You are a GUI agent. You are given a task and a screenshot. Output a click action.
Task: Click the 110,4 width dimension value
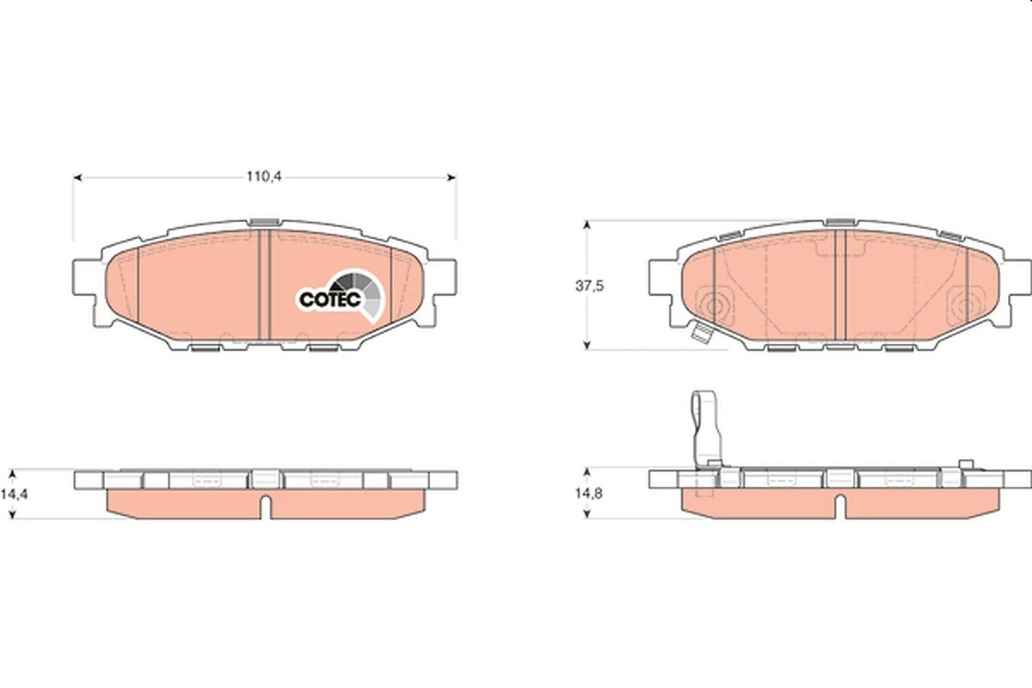(263, 176)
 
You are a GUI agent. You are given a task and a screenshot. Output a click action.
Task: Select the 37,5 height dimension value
(589, 286)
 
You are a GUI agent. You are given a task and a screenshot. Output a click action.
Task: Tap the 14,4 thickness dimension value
(14, 494)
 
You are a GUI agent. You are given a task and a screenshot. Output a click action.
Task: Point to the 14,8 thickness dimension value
(588, 494)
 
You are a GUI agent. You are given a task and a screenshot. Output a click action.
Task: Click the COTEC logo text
(330, 299)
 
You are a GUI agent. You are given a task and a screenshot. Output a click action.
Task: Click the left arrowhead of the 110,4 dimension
(77, 177)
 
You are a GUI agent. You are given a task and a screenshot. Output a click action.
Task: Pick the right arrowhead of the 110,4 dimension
(452, 177)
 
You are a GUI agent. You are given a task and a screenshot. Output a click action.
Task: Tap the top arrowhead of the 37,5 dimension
(587, 224)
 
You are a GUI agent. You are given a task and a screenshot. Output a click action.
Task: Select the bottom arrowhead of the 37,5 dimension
(587, 345)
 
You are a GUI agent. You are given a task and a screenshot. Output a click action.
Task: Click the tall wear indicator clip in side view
(707, 428)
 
